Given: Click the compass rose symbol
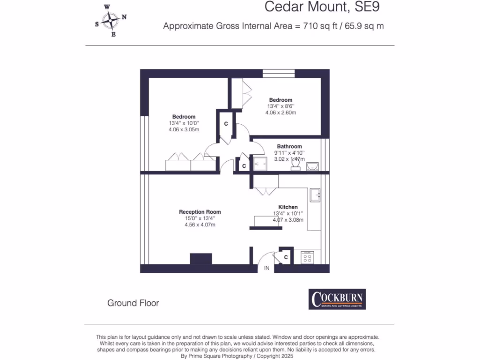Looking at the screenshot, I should point(111,20).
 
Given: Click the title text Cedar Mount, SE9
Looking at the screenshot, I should point(322,7).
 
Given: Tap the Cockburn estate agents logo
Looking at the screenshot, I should point(337,299).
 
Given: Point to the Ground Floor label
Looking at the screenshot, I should point(133,303).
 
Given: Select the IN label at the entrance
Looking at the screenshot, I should point(267,268).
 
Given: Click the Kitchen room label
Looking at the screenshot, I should point(288,207).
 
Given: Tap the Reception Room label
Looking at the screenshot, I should point(200,212).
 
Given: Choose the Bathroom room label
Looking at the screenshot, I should point(289,146).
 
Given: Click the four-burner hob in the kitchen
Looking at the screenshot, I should point(308,257).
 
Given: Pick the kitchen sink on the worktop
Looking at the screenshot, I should point(315,193).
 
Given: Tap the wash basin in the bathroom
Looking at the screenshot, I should point(312,165).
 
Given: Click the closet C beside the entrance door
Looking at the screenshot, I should point(286,257).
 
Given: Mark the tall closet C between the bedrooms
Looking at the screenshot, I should point(225,124).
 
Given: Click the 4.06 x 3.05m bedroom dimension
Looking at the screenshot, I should point(184,129).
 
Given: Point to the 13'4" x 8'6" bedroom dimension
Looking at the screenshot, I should point(280,106).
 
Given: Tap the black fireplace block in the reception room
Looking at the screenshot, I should point(201,259).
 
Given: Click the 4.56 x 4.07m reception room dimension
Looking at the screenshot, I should point(200,225).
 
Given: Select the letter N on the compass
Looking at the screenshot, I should point(124,17).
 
